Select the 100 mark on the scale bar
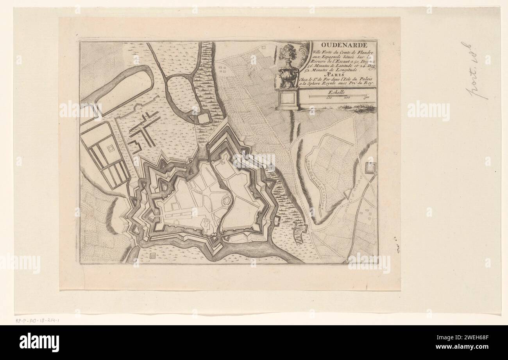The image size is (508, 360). (329, 98)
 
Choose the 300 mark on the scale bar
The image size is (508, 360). (366, 98)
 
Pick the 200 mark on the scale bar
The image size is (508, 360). (347, 98)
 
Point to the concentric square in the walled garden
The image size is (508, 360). (111, 148)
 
